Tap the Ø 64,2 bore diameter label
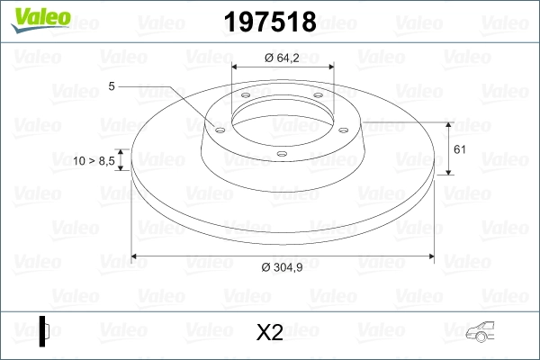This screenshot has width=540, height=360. coord(282,58)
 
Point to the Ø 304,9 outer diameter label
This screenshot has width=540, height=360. coord(282,267)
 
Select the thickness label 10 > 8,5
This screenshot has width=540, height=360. coord(94,160)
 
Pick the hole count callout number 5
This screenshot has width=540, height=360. coord(111,86)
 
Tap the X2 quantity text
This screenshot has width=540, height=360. coord(269,333)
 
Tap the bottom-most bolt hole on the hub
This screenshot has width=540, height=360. coord(282,155)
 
